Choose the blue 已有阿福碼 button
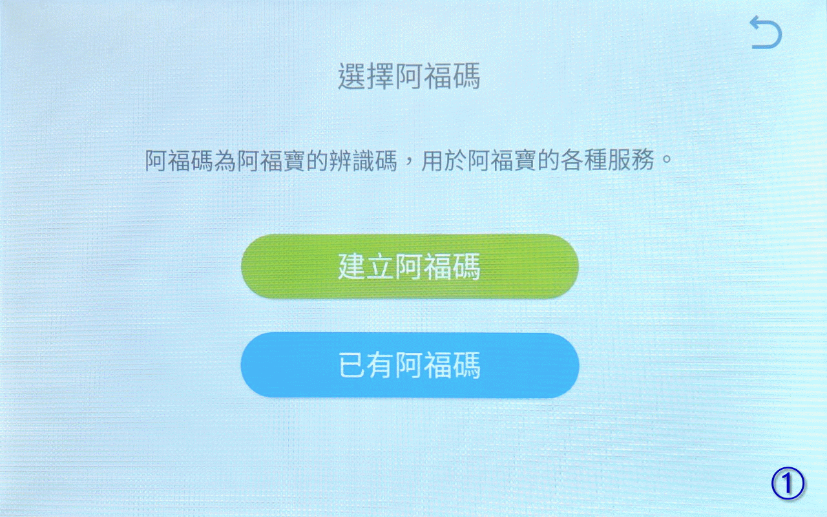pyautogui.click(x=410, y=365)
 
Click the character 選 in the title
pyautogui.click(x=352, y=76)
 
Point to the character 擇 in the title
pyautogui.click(x=381, y=76)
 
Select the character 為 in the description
pyautogui.click(x=225, y=161)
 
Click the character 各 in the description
pyautogui.click(x=572, y=161)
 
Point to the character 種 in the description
pyautogui.click(x=595, y=161)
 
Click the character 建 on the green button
pyautogui.click(x=352, y=267)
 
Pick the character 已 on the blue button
pyautogui.click(x=352, y=365)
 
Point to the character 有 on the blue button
pyautogui.click(x=381, y=365)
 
